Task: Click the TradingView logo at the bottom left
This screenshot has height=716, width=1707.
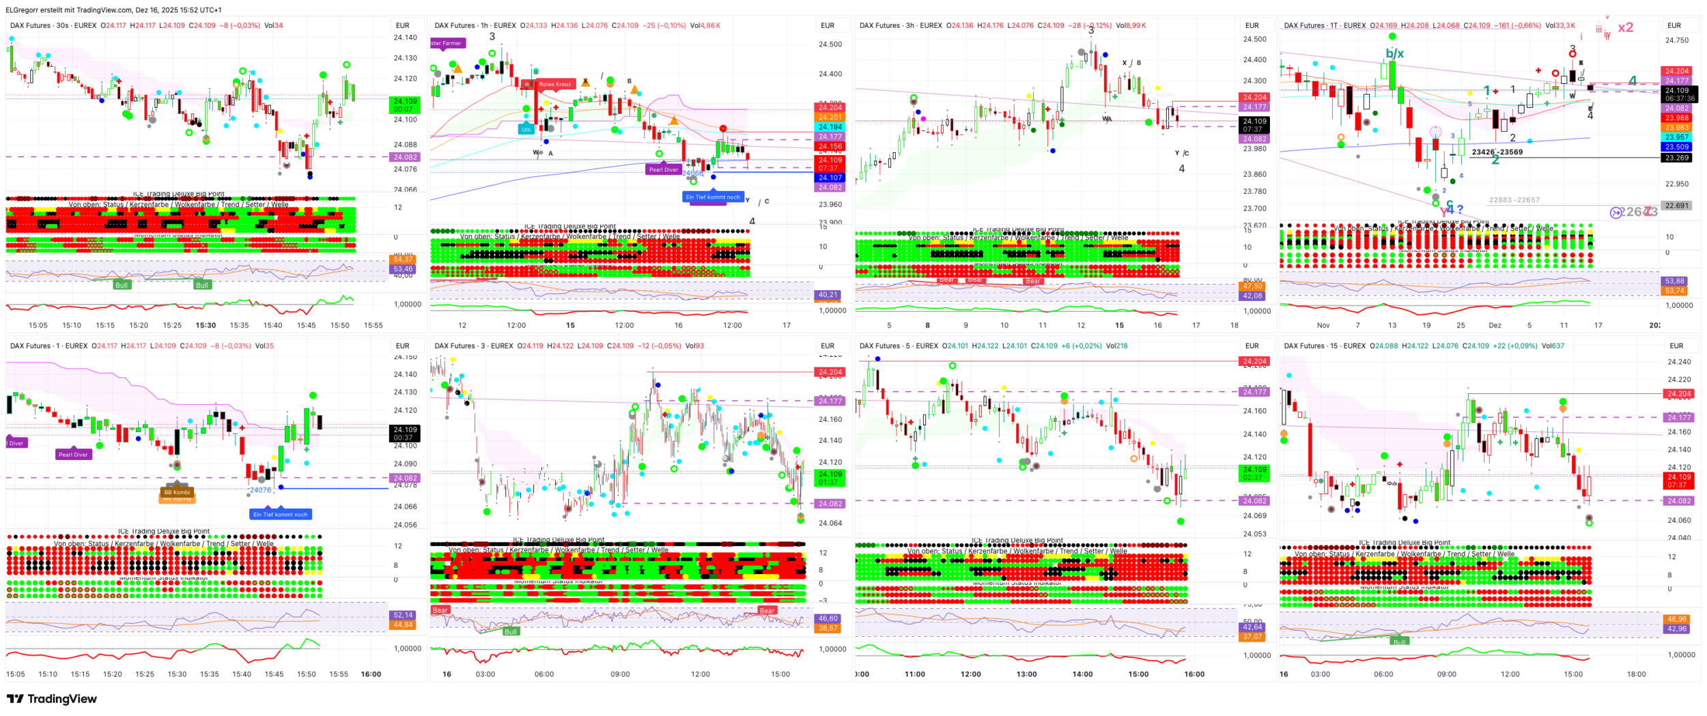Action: tap(52, 698)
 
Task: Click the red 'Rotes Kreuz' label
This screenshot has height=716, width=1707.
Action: tap(554, 85)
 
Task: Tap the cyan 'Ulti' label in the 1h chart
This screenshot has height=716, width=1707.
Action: tap(526, 129)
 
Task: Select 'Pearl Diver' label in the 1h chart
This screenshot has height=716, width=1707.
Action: tap(663, 169)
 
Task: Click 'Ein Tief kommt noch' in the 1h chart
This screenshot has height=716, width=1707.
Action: tap(712, 197)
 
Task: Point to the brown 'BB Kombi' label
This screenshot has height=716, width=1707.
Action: tap(177, 491)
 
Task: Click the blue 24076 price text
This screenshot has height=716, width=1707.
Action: tap(260, 490)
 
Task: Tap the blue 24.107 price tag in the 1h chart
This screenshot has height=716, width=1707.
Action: tap(830, 177)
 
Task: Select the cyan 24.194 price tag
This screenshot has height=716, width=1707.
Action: tap(830, 127)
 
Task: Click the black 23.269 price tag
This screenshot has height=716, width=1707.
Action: tap(1676, 158)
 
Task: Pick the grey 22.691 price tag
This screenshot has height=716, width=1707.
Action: tap(1676, 205)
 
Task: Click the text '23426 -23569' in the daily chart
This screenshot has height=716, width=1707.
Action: tap(1497, 152)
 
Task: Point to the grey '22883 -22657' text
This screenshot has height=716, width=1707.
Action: tap(1514, 200)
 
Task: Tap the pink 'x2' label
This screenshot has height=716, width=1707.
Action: tap(1625, 28)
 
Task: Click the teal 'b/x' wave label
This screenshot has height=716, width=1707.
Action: tap(1394, 53)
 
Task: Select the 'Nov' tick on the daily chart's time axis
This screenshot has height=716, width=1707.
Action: tap(1323, 326)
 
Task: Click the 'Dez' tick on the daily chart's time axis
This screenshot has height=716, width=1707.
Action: tap(1495, 326)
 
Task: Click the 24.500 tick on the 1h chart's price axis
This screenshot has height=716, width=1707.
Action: tap(830, 44)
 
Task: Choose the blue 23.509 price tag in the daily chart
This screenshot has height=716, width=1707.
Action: tap(1676, 147)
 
